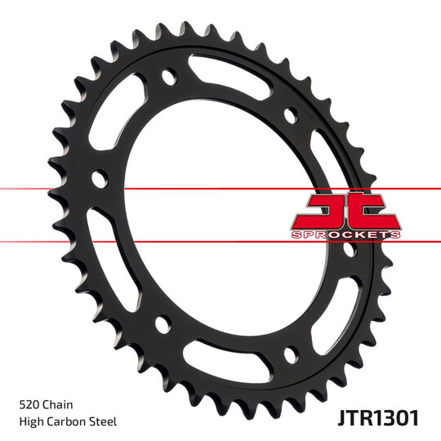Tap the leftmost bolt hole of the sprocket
(100, 177)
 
